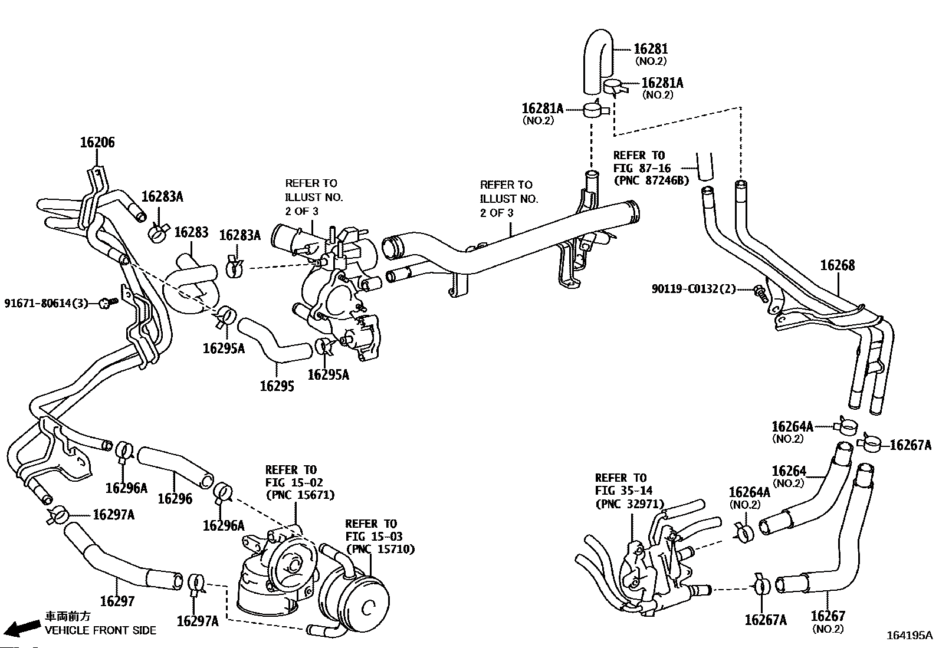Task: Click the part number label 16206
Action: (97, 143)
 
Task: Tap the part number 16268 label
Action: (837, 265)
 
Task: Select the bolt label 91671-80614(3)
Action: (46, 303)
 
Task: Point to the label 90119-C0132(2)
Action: (694, 289)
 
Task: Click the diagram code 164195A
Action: (909, 636)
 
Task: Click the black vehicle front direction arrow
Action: (25, 627)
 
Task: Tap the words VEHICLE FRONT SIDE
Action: (100, 630)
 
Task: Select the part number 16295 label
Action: (277, 386)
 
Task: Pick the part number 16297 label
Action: (117, 601)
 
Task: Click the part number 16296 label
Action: (175, 498)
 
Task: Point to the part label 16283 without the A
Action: (191, 232)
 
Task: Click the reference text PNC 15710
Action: (380, 549)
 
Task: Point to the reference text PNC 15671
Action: (301, 495)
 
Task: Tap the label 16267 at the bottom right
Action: (828, 616)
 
